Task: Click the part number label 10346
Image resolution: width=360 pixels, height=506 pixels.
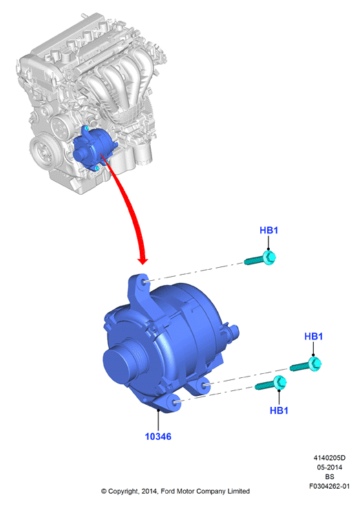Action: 158,436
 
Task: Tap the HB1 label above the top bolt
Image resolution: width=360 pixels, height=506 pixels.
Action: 268,230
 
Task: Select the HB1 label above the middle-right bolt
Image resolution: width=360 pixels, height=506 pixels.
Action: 314,336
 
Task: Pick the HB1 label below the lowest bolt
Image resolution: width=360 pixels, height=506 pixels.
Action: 279,410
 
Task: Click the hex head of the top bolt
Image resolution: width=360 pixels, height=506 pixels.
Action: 269,257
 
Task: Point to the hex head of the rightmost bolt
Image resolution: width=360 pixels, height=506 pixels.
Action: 315,363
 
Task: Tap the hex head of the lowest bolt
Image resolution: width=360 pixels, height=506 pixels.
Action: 279,382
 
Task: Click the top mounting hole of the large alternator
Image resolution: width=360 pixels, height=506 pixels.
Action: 144,283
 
